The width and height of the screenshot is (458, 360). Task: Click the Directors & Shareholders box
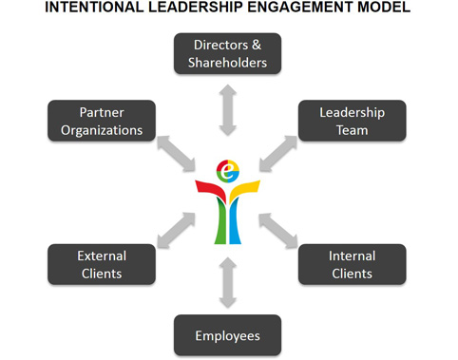pyautogui.click(x=228, y=54)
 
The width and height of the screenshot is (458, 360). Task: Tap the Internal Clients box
pyautogui.click(x=352, y=264)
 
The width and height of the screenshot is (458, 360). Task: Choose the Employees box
pyautogui.click(x=228, y=335)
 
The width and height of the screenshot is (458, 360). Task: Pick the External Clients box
pyautogui.click(x=102, y=264)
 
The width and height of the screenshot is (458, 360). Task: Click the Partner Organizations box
pyautogui.click(x=102, y=121)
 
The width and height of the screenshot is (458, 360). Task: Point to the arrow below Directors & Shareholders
pyautogui.click(x=228, y=108)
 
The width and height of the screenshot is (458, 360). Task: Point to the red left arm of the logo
pyautogui.click(x=208, y=189)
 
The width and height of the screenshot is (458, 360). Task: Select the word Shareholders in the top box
pyautogui.click(x=228, y=63)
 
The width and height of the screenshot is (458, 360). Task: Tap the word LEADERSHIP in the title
pyautogui.click(x=190, y=9)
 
